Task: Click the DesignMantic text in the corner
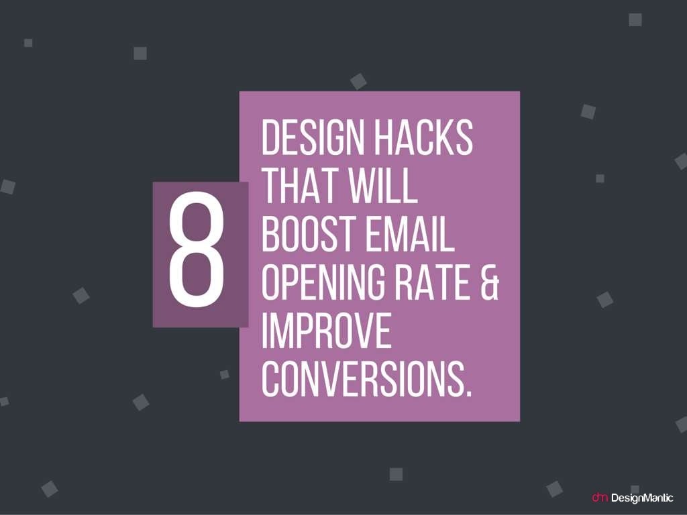642,498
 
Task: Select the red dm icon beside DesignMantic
599,498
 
